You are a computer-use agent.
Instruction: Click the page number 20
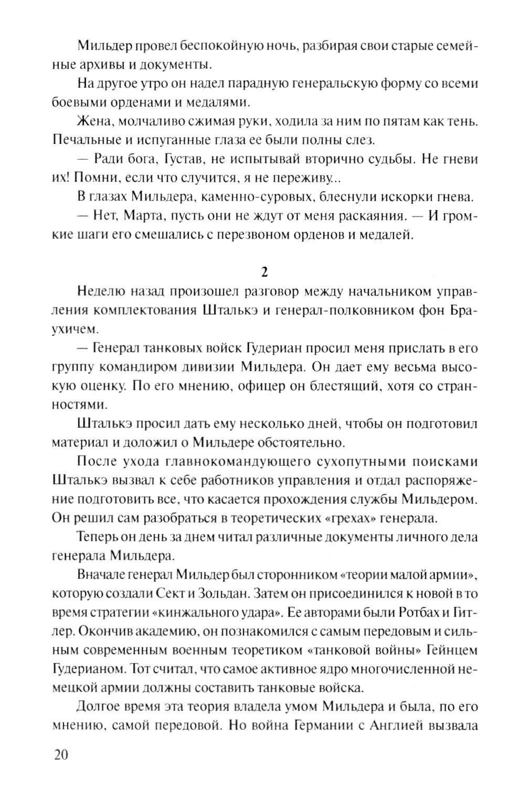[x=60, y=755]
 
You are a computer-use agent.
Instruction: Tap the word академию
[x=154, y=631]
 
